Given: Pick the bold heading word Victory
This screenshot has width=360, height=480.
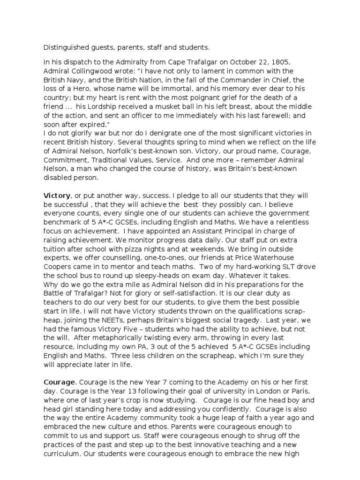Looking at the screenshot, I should (57, 195).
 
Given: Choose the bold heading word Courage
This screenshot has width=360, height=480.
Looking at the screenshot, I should (59, 382).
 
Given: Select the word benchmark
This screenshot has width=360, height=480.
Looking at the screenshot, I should (63, 221).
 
